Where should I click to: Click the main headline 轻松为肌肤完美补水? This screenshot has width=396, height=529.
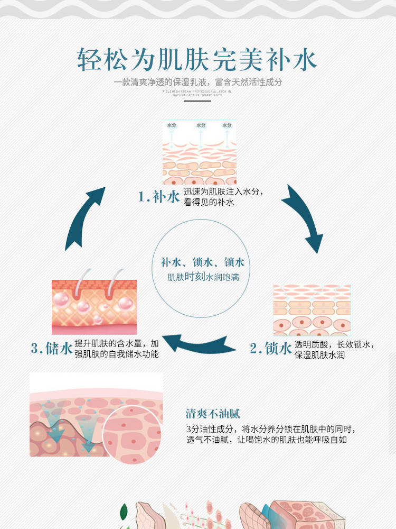click(x=197, y=60)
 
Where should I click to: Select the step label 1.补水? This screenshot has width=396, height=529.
click(x=159, y=197)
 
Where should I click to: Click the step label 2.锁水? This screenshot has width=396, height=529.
click(x=270, y=348)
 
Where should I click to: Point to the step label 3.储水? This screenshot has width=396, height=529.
click(x=51, y=348)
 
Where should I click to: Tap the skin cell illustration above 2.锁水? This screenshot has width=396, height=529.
click(x=312, y=310)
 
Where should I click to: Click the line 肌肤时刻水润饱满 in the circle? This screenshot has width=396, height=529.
click(x=203, y=277)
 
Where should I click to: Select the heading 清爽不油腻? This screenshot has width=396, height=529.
click(x=213, y=414)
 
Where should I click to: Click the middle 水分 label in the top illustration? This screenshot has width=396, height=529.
click(x=201, y=125)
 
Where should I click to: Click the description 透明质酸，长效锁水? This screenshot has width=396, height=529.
click(x=334, y=344)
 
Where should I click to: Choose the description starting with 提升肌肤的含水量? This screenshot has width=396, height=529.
click(x=117, y=343)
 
